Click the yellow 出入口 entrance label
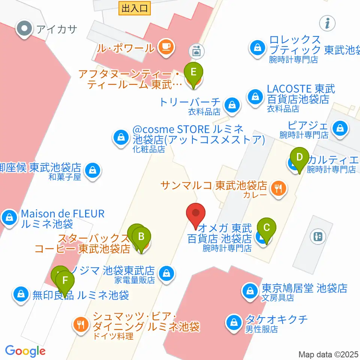135,8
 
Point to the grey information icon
327,23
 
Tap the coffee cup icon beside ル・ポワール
166,48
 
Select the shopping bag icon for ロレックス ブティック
258,48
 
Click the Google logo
25,351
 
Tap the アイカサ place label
56,28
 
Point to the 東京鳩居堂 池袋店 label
304,288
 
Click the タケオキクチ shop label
276,320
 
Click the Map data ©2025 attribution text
328,354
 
